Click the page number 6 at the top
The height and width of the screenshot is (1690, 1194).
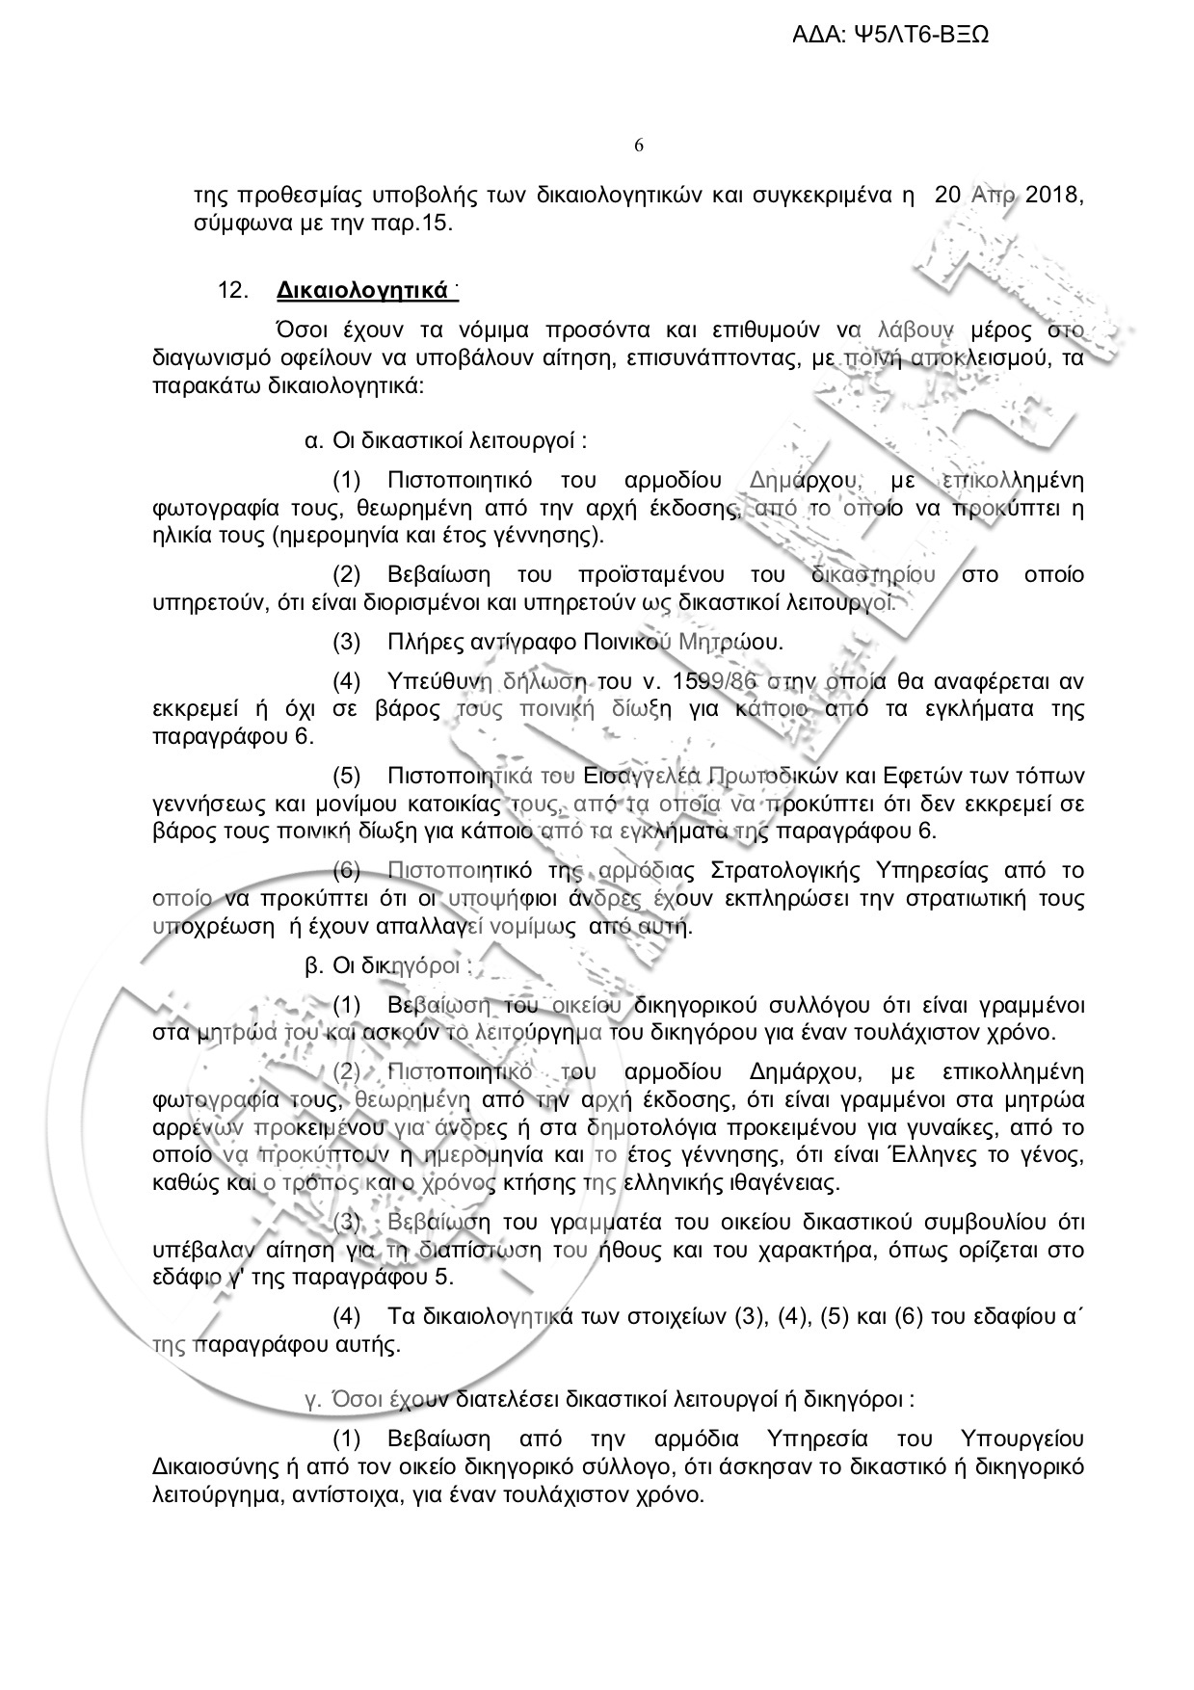pyautogui.click(x=639, y=145)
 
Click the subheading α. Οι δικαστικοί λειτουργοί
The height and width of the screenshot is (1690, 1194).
pyautogui.click(x=445, y=442)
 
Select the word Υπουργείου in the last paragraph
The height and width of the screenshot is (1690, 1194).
pyautogui.click(x=1022, y=1439)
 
